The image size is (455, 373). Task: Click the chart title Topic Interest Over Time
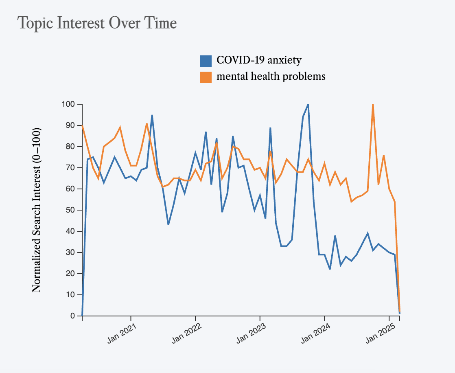[97, 23]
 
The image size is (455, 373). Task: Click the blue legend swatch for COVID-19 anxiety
[206, 61]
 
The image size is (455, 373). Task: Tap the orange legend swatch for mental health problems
[206, 77]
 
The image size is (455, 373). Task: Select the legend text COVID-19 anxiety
[259, 60]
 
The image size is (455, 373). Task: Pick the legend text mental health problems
[271, 76]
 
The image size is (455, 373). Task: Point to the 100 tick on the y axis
[69, 104]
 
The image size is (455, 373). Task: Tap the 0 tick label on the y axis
[73, 316]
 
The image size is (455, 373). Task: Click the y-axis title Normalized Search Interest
[36, 210]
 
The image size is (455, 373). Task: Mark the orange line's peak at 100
[373, 105]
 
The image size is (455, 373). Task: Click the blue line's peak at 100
[308, 105]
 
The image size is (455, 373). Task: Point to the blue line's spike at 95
[152, 115]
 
